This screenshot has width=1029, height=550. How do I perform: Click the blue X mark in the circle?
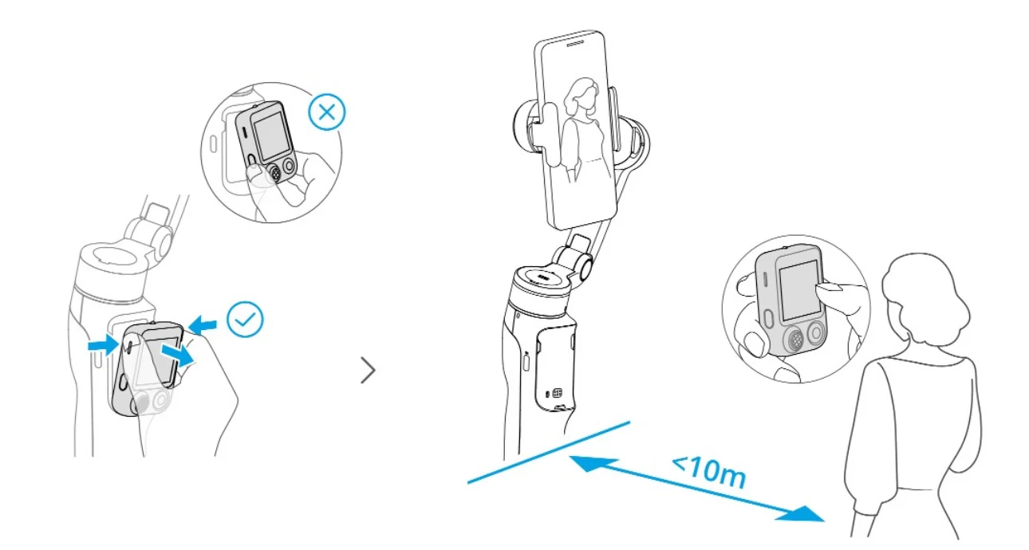326,112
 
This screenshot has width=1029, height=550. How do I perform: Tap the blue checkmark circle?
246,320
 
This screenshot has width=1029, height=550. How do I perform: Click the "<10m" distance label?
709,473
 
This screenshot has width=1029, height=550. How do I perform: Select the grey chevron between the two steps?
368,370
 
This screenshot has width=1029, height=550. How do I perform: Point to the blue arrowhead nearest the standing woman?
801,514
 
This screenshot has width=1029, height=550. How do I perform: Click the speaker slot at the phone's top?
574,44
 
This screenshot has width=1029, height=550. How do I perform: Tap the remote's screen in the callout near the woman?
799,290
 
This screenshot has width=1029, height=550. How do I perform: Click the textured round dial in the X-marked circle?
274,173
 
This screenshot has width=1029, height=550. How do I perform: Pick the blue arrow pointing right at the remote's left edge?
104,344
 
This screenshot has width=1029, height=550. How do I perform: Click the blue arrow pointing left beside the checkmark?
202,324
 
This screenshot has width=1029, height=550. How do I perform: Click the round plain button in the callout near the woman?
816,332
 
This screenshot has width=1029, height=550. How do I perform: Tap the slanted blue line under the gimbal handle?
549,452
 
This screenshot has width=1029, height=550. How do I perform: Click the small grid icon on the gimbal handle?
558,393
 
